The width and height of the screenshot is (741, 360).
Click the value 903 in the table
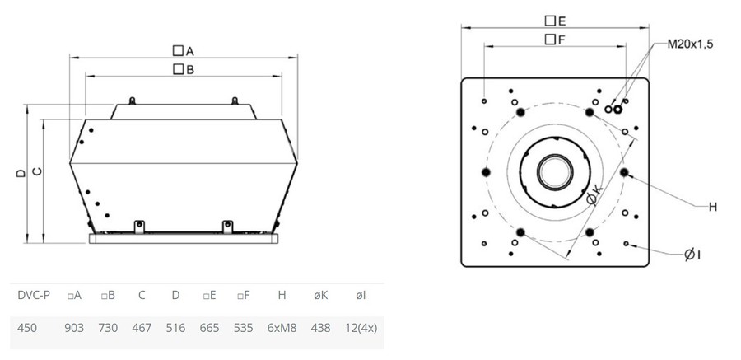[74, 327]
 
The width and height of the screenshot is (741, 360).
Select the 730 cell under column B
[108, 327]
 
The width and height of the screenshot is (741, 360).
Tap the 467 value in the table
[142, 327]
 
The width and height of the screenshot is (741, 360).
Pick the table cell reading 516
[175, 327]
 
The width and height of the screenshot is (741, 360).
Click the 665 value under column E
[209, 327]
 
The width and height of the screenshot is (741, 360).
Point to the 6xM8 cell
[282, 327]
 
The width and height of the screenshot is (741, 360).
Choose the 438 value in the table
[321, 327]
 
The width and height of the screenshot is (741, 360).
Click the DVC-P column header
[34, 296]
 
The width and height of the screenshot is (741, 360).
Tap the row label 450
[26, 327]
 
